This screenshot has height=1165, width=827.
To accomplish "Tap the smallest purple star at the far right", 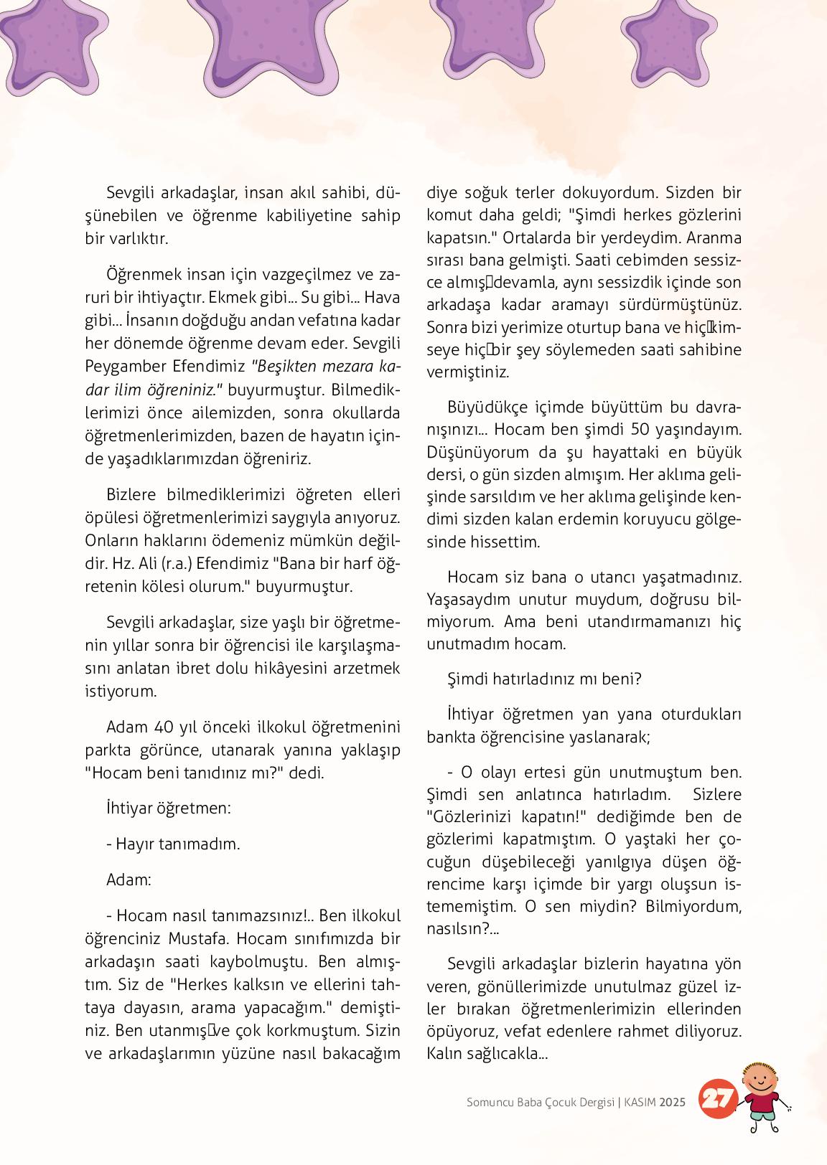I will coord(678,39).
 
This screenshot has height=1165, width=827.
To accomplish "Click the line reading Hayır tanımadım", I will coord(173,844).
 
